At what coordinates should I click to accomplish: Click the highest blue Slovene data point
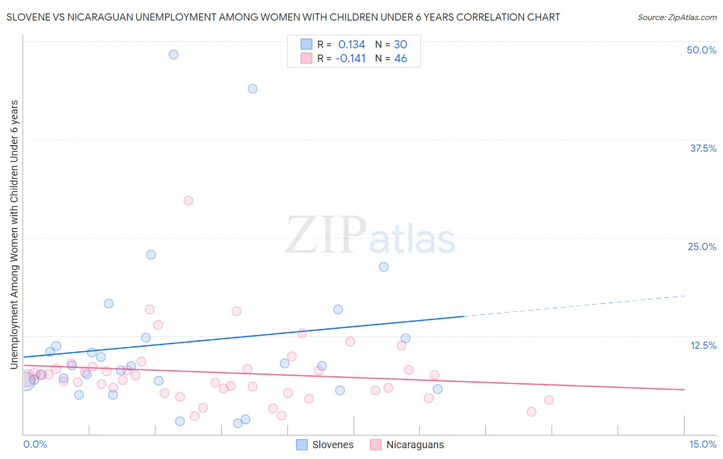[x=173, y=55]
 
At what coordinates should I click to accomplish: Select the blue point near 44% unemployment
[x=252, y=89]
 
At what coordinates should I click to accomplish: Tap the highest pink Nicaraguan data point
[x=188, y=201]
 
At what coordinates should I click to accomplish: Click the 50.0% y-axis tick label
[x=701, y=50]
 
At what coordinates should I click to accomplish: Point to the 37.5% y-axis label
[x=703, y=148]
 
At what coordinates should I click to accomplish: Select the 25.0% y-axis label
[x=702, y=246]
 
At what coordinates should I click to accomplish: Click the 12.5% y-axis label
[x=703, y=345]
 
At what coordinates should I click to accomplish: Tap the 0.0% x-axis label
[x=35, y=444]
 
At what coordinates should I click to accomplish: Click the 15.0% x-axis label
[x=702, y=444]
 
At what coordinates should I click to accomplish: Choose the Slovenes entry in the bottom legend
[x=332, y=445]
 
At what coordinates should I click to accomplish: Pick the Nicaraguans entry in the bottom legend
[x=414, y=445]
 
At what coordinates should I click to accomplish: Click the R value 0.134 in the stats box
[x=351, y=44]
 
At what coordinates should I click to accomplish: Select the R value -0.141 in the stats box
[x=350, y=58]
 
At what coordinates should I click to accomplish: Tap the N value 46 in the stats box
[x=401, y=58]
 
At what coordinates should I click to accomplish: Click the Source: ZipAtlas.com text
[x=677, y=17]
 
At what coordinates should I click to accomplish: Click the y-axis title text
[x=14, y=235]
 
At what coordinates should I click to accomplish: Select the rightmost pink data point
[x=549, y=400]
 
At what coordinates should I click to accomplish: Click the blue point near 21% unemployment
[x=384, y=267]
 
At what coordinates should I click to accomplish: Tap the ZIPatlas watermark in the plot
[x=370, y=235]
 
